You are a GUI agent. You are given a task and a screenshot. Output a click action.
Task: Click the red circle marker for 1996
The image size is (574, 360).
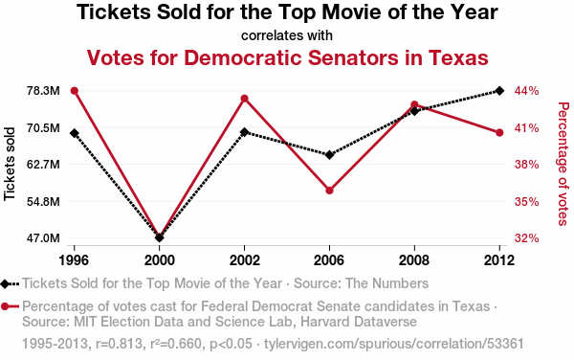tap(75, 91)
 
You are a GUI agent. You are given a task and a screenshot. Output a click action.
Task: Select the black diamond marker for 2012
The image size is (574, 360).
tap(499, 90)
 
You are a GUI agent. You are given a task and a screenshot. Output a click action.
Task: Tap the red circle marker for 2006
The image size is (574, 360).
tap(329, 191)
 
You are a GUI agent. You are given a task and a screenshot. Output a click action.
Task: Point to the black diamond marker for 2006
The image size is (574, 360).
tap(329, 155)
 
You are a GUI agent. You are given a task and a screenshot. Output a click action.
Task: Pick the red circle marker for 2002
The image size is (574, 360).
tap(245, 99)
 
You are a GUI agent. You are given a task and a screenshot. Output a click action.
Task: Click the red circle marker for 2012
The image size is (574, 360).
tap(499, 132)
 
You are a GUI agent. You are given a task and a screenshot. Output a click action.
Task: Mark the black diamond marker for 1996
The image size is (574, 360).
tap(75, 133)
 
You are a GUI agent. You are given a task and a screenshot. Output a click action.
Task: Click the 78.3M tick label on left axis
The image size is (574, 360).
tap(43, 91)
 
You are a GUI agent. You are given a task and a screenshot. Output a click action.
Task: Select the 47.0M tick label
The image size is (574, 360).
tap(43, 238)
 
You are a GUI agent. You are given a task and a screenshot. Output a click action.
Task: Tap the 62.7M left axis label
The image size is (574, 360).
tap(43, 165)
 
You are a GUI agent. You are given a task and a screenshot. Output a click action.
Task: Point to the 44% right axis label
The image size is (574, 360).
tap(527, 91)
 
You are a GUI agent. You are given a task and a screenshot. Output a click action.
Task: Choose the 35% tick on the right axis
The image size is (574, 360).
tap(527, 201)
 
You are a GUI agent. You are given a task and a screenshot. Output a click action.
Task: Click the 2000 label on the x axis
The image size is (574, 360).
tap(159, 260)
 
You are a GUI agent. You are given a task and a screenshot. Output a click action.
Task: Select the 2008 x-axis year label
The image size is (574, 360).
tap(414, 260)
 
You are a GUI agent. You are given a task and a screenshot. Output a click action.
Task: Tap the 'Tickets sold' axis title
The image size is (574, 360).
tap(10, 164)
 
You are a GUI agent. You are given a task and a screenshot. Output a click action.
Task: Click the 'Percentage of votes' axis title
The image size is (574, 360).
tap(563, 164)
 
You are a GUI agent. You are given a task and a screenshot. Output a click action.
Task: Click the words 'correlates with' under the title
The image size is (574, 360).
tap(287, 35)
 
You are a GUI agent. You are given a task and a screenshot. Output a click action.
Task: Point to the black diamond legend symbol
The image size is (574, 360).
tap(5, 283)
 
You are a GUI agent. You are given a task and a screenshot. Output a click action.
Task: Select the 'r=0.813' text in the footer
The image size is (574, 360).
tap(119, 344)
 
